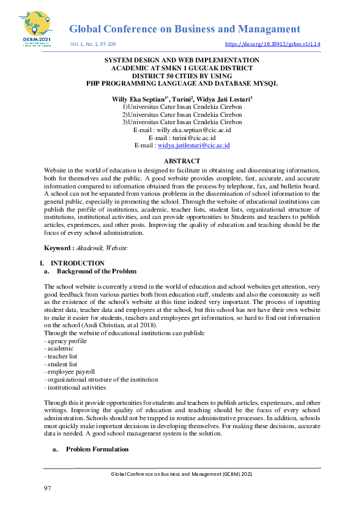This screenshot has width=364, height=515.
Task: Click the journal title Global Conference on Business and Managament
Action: pyautogui.click(x=184, y=29)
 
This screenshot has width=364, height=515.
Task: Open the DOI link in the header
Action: pyautogui.click(x=273, y=45)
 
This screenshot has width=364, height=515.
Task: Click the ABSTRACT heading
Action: pyautogui.click(x=182, y=161)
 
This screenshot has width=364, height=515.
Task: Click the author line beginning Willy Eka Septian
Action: pyautogui.click(x=182, y=98)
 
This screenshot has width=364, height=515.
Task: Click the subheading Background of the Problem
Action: pyautogui.click(x=96, y=271)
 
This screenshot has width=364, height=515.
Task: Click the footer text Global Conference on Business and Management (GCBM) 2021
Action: pyautogui.click(x=181, y=474)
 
